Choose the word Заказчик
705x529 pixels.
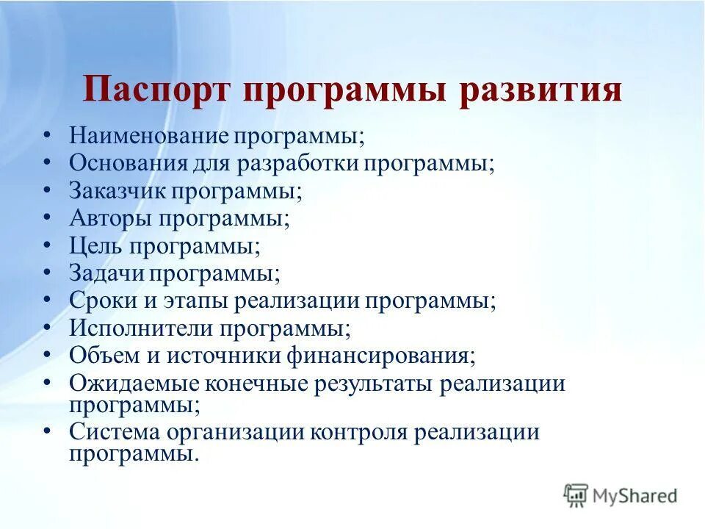click(x=117, y=190)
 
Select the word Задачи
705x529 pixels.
click(x=107, y=273)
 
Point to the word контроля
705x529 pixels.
click(x=358, y=431)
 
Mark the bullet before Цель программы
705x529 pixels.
click(x=47, y=244)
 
